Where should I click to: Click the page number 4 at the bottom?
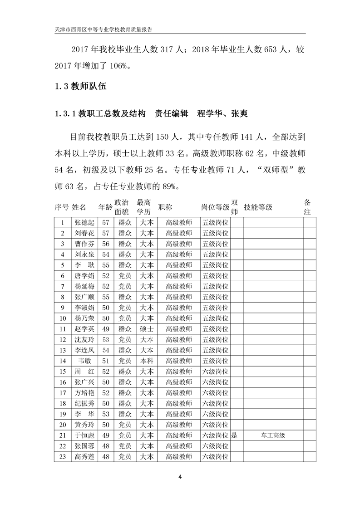coord(180,477)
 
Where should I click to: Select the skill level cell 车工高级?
coord(273,435)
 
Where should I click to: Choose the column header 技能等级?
coord(258,207)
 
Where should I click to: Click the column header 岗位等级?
coord(215,207)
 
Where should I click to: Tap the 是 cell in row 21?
coord(235,435)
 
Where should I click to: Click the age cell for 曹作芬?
coord(105,244)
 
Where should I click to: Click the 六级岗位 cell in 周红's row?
coord(215,371)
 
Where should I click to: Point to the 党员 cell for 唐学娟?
coord(125,275)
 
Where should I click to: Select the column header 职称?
coord(165,207)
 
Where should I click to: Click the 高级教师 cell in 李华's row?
coord(179,414)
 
